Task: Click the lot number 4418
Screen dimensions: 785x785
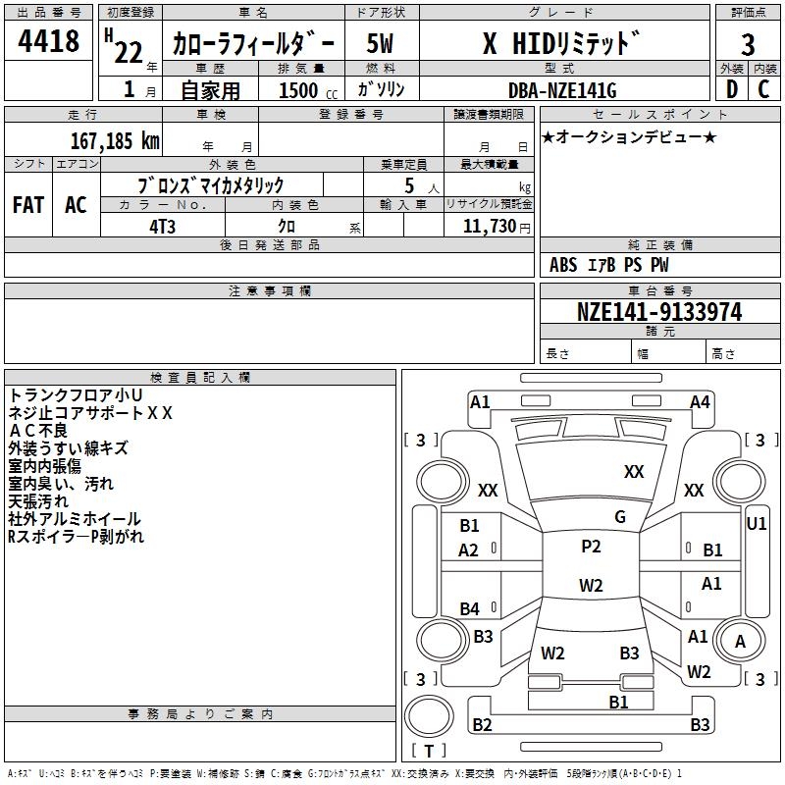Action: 48,41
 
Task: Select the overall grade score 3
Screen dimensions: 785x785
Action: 748,44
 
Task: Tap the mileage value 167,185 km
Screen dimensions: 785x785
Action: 115,141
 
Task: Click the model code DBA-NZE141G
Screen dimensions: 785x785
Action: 562,90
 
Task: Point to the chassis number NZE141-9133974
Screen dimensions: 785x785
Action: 659,312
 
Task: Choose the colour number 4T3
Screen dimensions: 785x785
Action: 162,227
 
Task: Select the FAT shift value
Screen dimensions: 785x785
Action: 28,205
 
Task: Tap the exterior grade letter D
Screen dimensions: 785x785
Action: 732,89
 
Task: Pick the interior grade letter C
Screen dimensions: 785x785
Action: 763,89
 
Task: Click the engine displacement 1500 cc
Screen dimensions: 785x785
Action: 308,91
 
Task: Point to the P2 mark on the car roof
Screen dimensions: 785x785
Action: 591,547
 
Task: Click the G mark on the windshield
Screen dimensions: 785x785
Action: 620,517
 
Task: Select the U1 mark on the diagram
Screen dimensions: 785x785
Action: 757,524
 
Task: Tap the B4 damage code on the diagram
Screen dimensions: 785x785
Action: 470,608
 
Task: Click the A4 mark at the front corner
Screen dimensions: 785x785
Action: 700,402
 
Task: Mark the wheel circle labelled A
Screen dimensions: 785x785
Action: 740,641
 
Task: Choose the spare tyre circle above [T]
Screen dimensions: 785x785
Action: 429,716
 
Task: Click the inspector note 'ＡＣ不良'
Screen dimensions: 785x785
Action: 38,431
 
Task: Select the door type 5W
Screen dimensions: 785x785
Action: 380,43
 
